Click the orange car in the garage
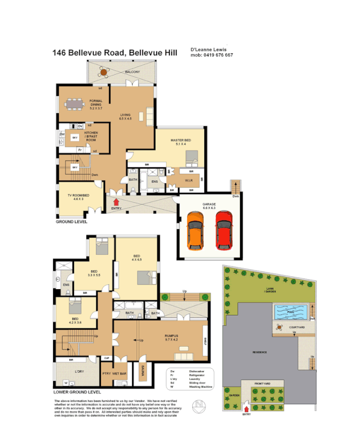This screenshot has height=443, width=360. click(x=194, y=228)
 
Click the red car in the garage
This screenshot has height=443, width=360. click(x=223, y=228)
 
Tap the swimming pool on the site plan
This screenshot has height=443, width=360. click(x=291, y=312)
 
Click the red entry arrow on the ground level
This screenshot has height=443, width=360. click(x=116, y=202)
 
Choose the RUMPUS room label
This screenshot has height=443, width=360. click(x=171, y=336)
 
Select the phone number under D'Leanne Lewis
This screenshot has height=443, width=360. click(x=212, y=55)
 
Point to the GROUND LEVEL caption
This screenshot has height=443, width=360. click(x=71, y=221)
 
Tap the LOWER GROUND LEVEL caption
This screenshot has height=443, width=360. click(x=78, y=392)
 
